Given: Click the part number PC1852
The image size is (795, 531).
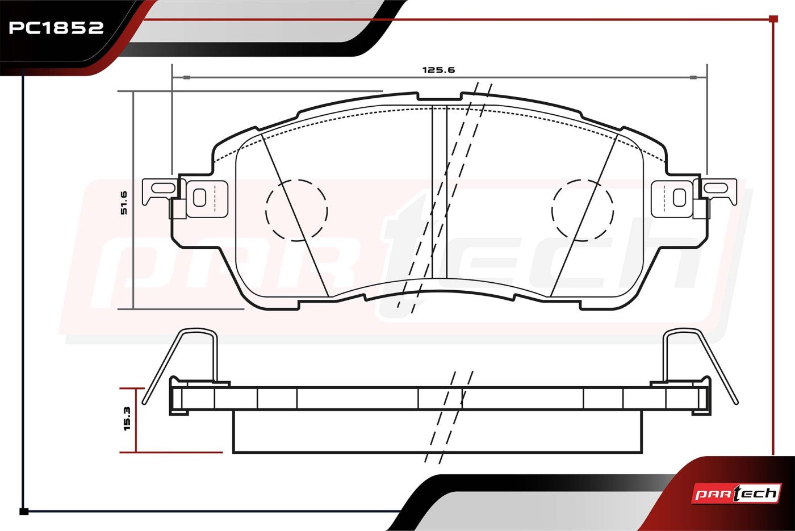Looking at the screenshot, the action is [56, 28].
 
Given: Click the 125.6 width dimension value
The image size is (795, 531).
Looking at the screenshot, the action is [438, 70].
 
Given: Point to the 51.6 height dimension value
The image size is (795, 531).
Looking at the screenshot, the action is [124, 203].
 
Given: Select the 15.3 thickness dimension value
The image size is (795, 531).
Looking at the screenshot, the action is [127, 419].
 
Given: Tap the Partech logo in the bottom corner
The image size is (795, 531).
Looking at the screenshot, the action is [736, 494].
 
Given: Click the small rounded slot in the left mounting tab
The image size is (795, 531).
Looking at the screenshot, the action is [199, 198].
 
